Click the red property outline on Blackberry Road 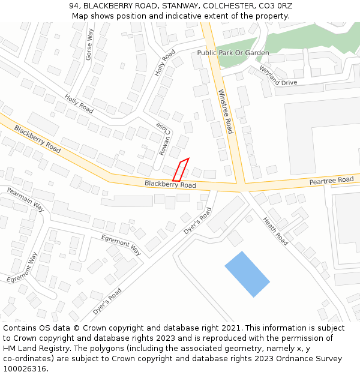(181, 170)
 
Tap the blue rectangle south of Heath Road (247, 274)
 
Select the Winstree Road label (225, 112)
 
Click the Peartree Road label (331, 181)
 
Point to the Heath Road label (275, 231)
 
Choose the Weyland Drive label (278, 76)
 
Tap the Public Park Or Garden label (233, 53)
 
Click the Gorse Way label (89, 44)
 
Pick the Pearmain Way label (25, 199)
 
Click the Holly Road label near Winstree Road (165, 62)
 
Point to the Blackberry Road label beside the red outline (170, 184)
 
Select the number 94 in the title (74, 6)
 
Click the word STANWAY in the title (172, 6)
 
